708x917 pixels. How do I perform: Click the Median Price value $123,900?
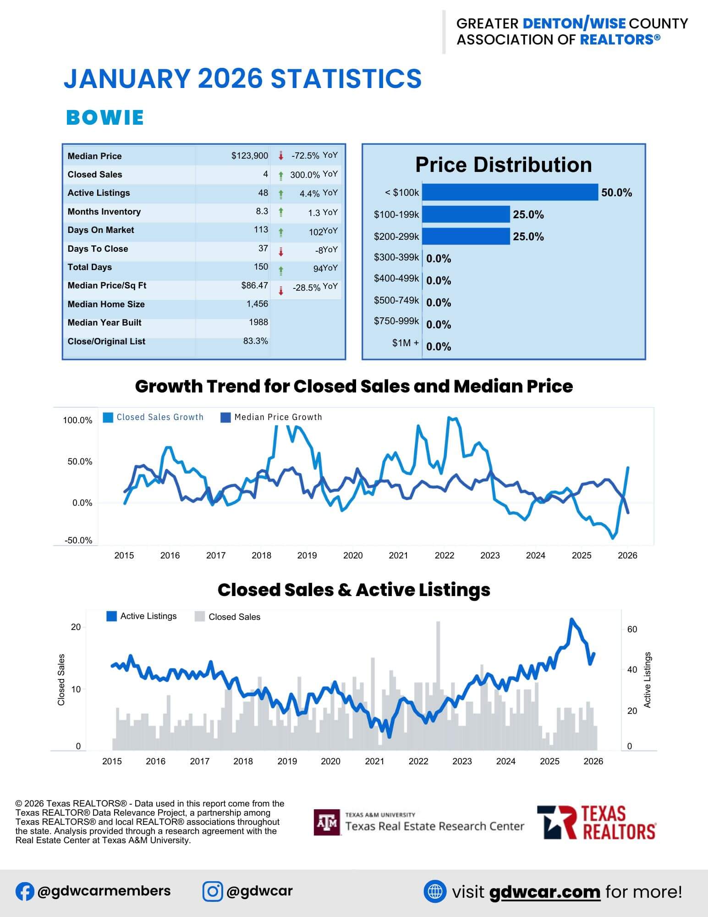tap(249, 156)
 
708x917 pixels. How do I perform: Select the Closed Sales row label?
tap(95, 175)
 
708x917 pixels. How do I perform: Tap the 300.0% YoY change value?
tap(305, 175)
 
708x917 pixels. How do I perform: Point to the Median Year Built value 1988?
tap(258, 322)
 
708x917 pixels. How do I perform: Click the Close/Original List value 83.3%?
tap(256, 341)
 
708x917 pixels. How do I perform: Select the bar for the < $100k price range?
tap(510, 193)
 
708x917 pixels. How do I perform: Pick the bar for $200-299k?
tap(466, 237)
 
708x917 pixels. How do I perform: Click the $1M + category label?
tap(405, 343)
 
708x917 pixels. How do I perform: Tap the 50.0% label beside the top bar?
tap(616, 193)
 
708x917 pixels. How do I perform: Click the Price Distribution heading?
tap(503, 165)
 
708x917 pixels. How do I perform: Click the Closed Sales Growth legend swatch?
tap(108, 417)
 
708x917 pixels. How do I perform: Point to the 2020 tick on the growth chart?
tap(353, 556)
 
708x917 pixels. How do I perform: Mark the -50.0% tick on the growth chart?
tap(78, 541)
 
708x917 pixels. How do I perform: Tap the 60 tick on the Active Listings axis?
tap(632, 630)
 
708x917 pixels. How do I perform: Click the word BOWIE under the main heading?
tap(105, 118)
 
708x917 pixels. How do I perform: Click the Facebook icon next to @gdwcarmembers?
tap(24, 892)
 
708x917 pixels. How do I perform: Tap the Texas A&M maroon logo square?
tap(327, 823)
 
